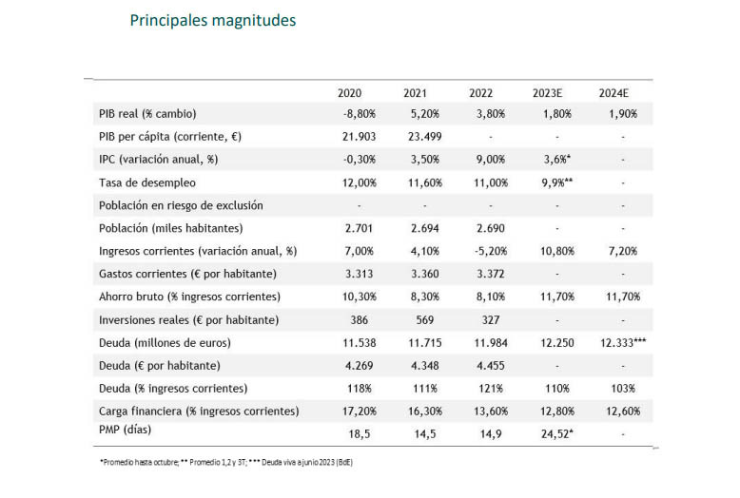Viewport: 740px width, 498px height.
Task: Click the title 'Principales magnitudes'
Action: (x=212, y=20)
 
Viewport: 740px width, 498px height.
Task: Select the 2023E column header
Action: (x=548, y=92)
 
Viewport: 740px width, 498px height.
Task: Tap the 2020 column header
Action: (x=350, y=92)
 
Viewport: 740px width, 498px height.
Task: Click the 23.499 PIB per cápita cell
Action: (x=422, y=137)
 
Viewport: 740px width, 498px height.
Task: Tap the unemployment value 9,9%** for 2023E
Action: (x=555, y=182)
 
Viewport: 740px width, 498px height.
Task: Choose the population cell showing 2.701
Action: (x=359, y=228)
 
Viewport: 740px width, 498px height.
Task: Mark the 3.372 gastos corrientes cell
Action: (x=488, y=274)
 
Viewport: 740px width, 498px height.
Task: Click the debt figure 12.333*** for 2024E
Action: (x=618, y=342)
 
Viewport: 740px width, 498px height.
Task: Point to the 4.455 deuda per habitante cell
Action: (x=488, y=365)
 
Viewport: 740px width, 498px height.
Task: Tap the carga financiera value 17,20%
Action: (x=360, y=411)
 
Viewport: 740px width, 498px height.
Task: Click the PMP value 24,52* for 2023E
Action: (x=554, y=432)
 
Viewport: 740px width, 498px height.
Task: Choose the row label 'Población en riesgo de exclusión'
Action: (x=181, y=205)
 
